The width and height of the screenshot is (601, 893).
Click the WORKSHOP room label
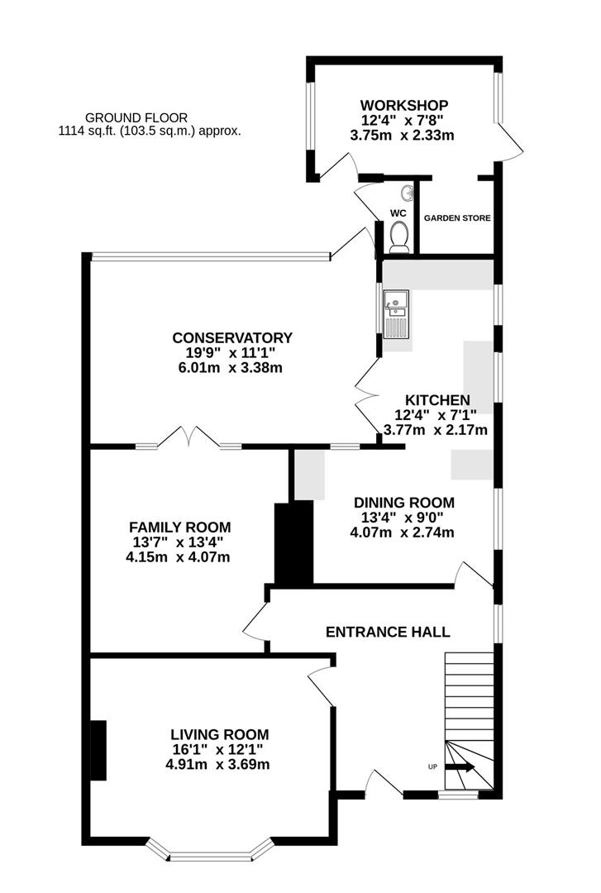(403, 105)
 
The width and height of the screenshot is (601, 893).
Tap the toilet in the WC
(398, 236)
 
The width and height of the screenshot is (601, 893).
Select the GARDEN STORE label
(457, 218)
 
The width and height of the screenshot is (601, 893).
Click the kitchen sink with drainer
(395, 313)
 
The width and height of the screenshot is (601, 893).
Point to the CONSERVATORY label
(231, 337)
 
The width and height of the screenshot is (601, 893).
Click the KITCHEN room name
(436, 399)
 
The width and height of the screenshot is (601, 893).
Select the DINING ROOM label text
(403, 502)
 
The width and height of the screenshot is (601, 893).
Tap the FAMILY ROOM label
(179, 527)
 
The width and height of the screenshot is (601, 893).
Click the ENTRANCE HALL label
(388, 632)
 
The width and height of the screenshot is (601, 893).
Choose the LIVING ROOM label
(219, 733)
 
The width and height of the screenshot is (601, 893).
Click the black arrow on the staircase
(464, 766)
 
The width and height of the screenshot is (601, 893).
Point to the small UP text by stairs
(432, 767)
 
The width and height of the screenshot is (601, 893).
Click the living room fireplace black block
(98, 750)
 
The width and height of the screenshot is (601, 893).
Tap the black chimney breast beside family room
(294, 542)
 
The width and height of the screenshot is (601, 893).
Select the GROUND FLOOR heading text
(136, 117)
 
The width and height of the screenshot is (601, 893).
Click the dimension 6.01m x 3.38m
(231, 367)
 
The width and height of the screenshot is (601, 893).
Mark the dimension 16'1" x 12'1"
(219, 749)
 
